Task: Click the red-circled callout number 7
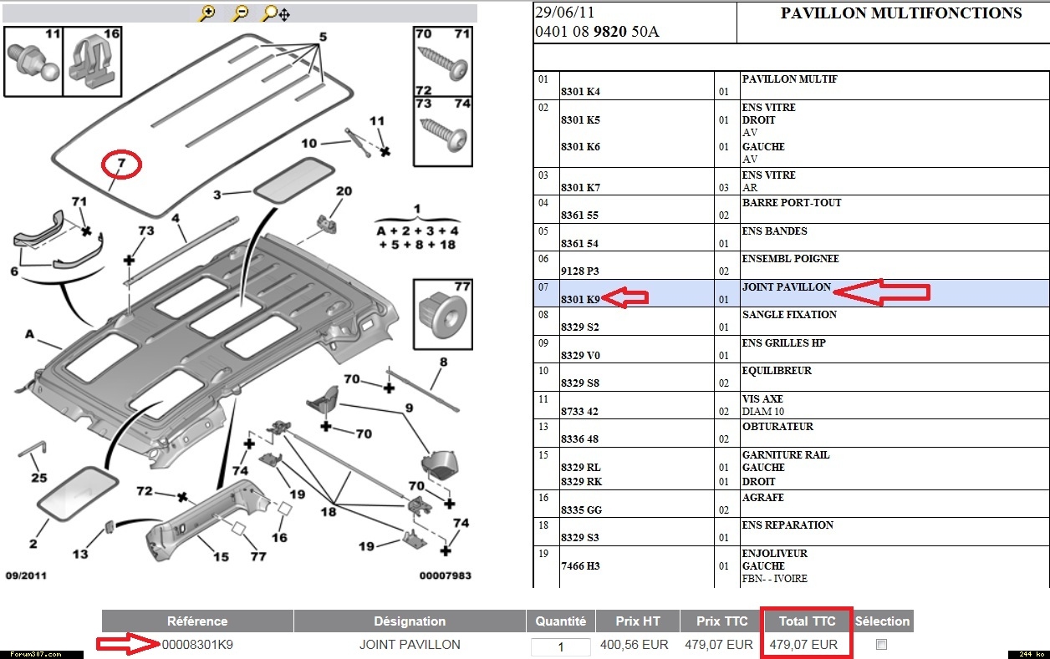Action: point(121,164)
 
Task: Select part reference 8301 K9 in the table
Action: point(580,298)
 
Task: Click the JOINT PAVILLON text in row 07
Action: point(787,286)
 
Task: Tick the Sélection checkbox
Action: point(881,644)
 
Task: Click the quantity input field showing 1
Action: point(560,646)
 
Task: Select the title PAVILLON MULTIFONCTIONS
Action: point(901,13)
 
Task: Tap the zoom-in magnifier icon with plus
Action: point(207,13)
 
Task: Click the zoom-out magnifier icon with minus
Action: point(240,13)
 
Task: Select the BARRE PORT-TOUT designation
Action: point(792,202)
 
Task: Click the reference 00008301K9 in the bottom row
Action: point(197,644)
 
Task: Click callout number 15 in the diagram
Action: point(221,557)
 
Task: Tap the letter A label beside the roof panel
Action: point(29,334)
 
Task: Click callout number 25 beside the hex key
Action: point(38,478)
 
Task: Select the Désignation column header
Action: point(410,621)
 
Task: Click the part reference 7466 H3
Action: point(580,566)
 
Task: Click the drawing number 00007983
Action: point(445,575)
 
